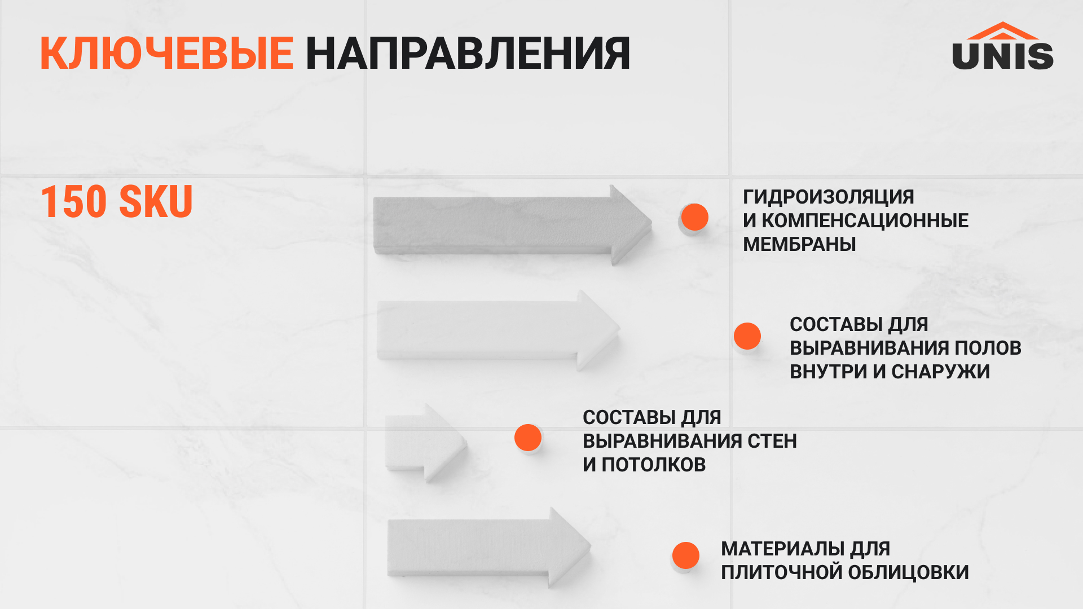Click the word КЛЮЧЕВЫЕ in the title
pos(166,54)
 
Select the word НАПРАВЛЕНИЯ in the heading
pos(468,54)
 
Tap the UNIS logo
pos(1003,46)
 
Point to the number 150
pos(73,201)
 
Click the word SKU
pos(156,201)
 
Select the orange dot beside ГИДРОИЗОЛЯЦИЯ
pos(694,217)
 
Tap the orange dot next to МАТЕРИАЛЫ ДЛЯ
pos(685,555)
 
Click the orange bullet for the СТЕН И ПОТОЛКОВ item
pos(528,438)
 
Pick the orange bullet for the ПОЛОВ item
pos(747,336)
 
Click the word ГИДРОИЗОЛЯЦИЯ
pos(829,197)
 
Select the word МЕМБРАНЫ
pos(799,244)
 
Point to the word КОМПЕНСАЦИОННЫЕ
pos(865,220)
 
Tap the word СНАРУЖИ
pos(940,372)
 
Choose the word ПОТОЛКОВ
pos(654,465)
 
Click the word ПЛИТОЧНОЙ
pos(781,572)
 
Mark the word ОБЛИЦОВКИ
pos(908,572)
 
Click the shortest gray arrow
pos(425,443)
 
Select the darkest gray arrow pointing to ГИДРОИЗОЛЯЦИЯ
pos(512,226)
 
